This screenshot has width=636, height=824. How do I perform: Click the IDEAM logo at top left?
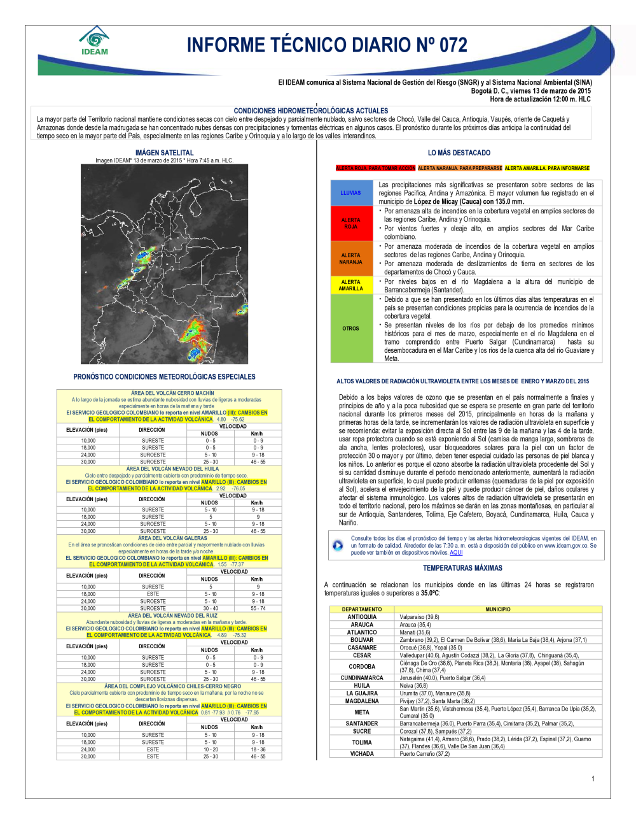(95, 41)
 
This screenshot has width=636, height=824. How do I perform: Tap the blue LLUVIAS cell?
(350, 192)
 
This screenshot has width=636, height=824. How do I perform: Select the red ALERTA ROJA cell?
(350, 223)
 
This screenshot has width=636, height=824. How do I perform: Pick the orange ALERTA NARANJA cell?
(350, 259)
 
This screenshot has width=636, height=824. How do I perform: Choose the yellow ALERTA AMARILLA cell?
(350, 285)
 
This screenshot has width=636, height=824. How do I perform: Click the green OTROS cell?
(350, 329)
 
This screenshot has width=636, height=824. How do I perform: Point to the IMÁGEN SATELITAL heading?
(164, 153)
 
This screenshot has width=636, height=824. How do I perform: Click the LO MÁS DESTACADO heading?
(459, 153)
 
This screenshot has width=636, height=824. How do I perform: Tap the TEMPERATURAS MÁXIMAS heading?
(462, 568)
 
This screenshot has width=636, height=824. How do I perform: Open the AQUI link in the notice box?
(456, 553)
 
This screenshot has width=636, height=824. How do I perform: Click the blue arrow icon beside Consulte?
(338, 546)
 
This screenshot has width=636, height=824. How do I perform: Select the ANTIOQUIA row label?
(362, 617)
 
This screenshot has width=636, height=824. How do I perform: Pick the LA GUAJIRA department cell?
(362, 693)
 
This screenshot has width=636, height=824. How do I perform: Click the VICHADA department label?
(362, 754)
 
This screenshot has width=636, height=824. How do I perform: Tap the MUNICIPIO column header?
(498, 609)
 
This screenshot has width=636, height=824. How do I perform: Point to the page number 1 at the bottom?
(593, 779)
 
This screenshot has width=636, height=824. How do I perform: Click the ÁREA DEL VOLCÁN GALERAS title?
(172, 538)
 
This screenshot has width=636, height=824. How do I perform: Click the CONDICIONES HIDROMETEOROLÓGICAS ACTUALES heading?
(311, 111)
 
